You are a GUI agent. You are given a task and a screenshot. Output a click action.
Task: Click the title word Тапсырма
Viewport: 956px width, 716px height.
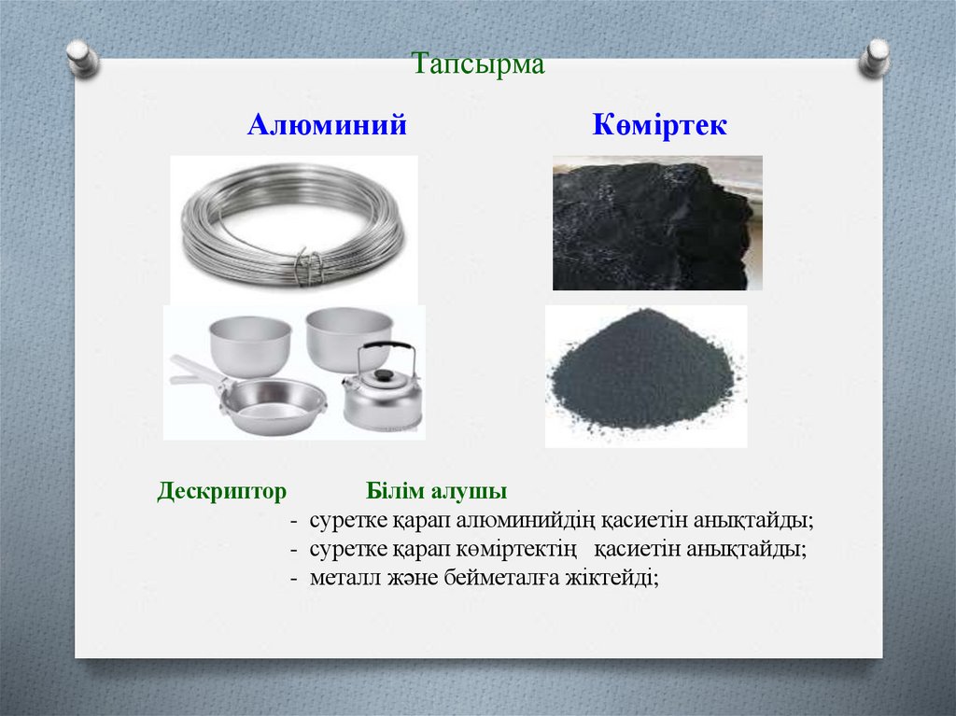pos(477,65)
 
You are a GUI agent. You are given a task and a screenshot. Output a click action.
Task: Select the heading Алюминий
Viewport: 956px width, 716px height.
pos(327,125)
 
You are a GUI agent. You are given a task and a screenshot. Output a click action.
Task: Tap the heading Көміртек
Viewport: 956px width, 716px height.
pos(659,125)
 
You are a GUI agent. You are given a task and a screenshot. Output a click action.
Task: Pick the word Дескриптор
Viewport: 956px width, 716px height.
pos(221,491)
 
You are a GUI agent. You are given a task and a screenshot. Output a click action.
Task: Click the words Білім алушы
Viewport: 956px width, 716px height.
pos(436,491)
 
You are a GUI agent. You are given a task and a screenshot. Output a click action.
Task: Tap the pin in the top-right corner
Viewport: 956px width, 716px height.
pos(875,57)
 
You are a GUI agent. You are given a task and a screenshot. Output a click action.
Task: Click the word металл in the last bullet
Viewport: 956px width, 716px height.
pos(341,578)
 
